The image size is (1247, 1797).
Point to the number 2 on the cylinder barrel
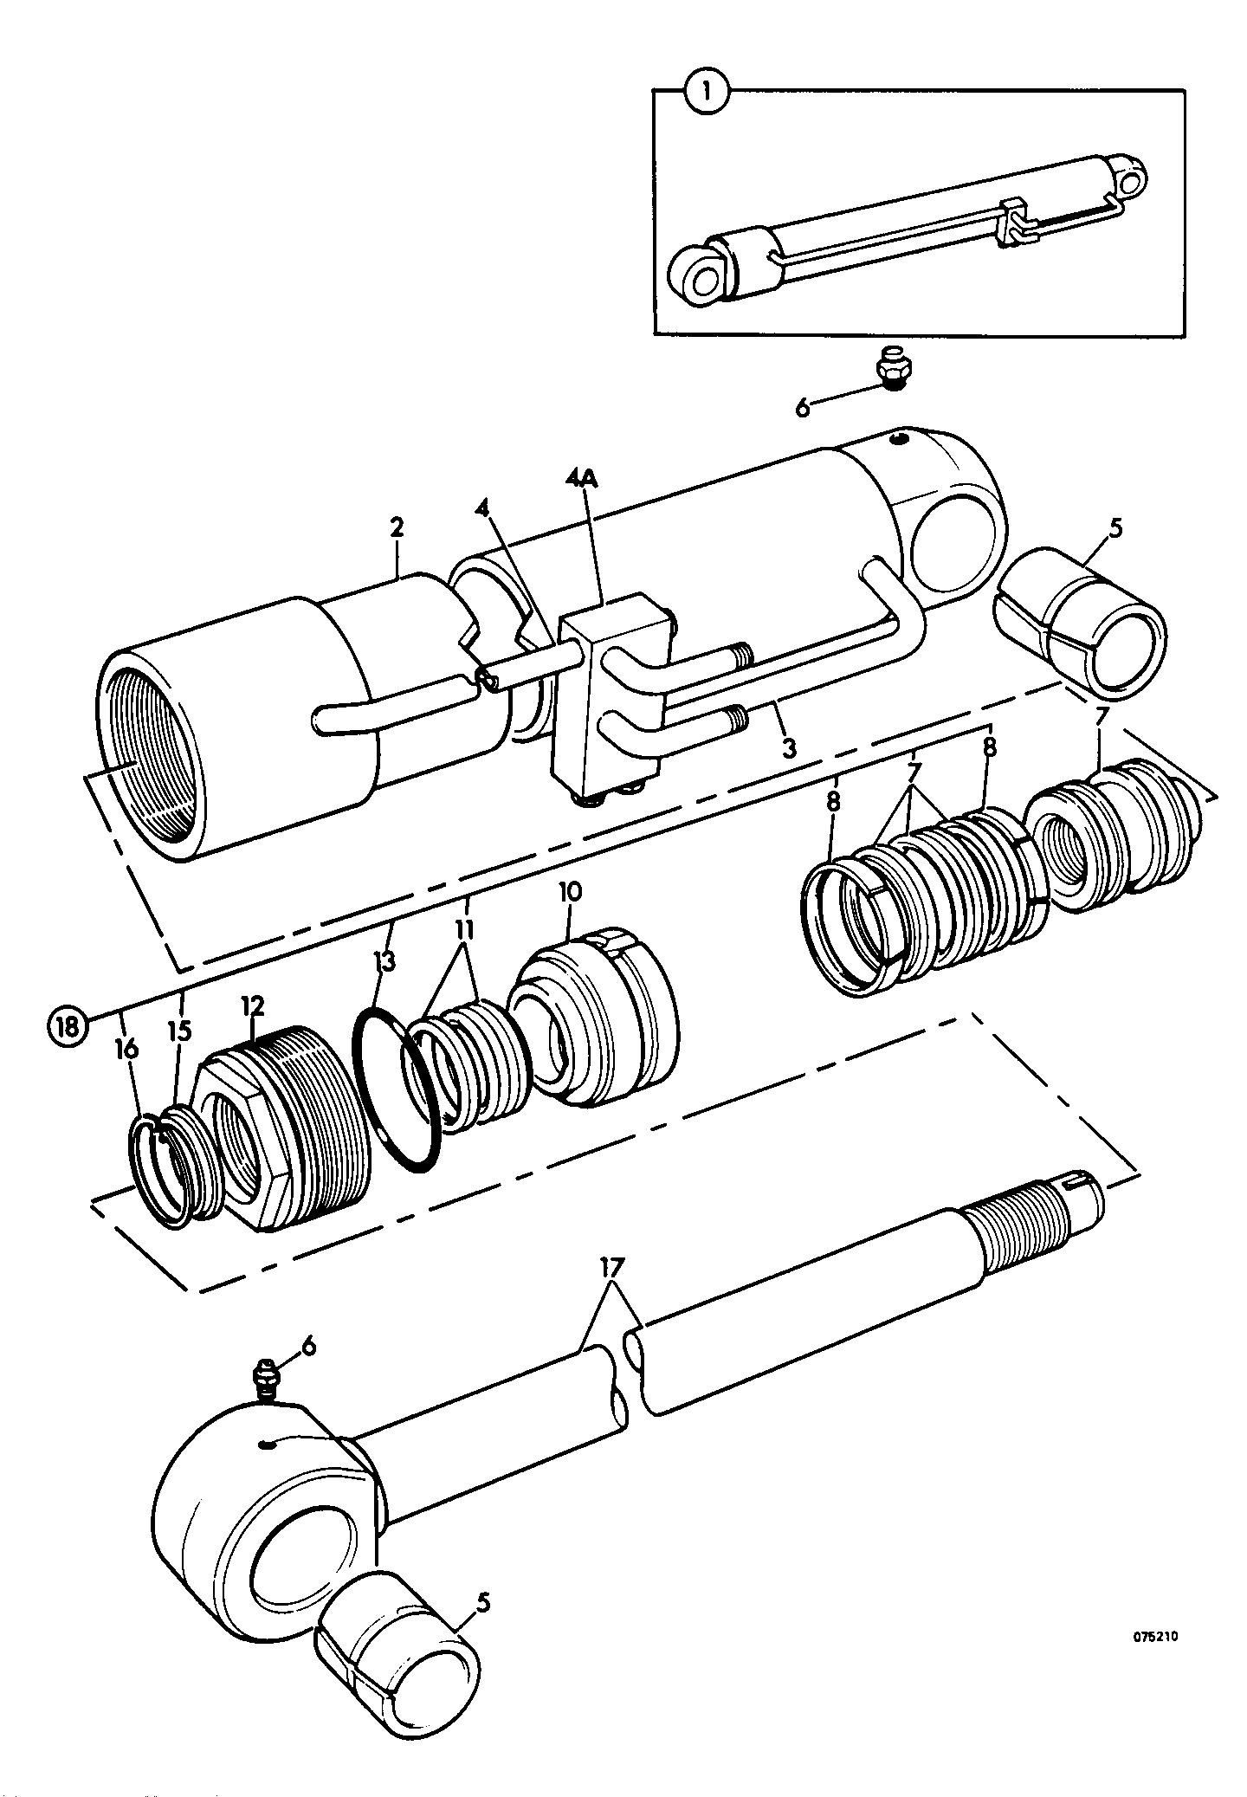click(397, 528)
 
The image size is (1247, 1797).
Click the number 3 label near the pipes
click(788, 747)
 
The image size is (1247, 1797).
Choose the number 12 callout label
click(252, 1005)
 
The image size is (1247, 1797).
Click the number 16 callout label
click(126, 1050)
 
